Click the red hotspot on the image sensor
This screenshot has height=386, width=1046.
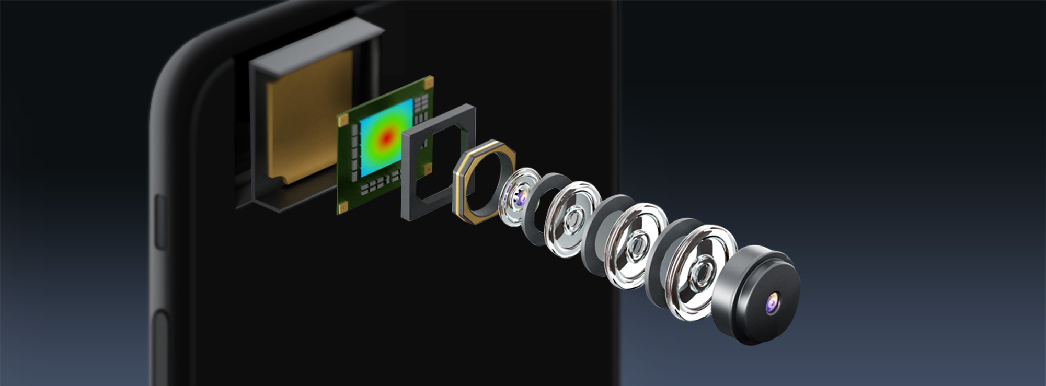(386, 138)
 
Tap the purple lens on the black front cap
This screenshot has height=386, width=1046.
(772, 303)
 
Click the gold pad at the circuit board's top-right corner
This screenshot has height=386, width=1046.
(428, 82)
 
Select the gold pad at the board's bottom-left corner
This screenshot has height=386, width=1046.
(342, 207)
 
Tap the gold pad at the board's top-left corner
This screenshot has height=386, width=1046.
(343, 120)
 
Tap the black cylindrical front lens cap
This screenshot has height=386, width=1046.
(758, 298)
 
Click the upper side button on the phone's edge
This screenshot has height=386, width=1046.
(160, 222)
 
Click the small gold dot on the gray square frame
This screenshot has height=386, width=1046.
(428, 168)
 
